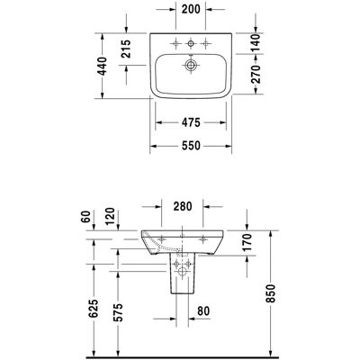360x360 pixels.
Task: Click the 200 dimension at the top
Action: click(x=191, y=9)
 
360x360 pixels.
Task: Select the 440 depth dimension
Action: click(x=103, y=66)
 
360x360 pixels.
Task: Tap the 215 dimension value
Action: click(x=126, y=49)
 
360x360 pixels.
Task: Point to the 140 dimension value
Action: click(x=256, y=42)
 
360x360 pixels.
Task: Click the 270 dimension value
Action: click(x=256, y=74)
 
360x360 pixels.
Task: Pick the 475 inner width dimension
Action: click(x=191, y=122)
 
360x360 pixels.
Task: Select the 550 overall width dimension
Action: click(x=191, y=146)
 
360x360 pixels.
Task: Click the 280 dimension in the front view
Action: click(x=183, y=206)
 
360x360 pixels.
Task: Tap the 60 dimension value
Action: click(x=86, y=216)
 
